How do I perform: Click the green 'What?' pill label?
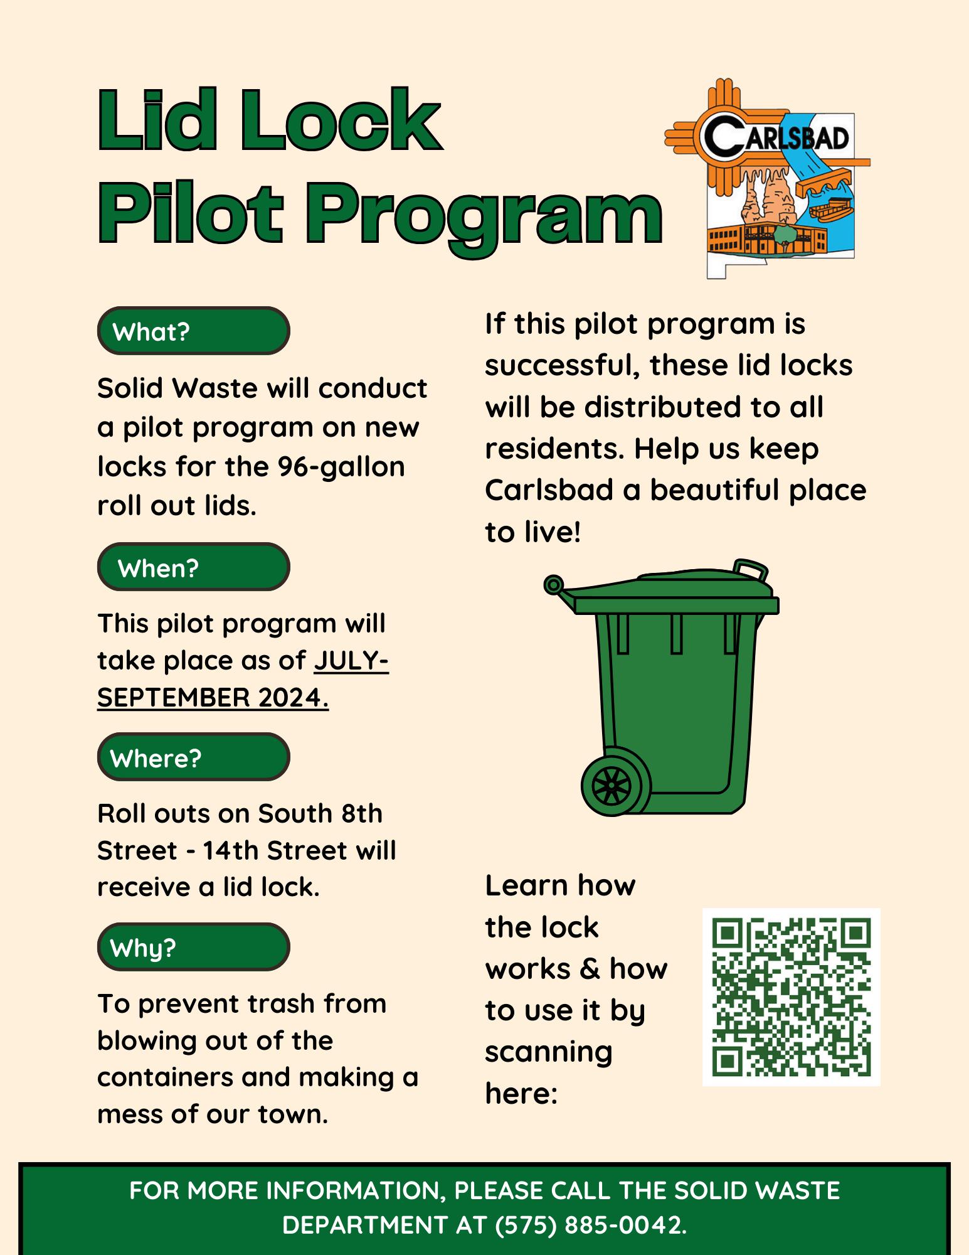pos(193,331)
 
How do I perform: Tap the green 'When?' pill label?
pos(193,567)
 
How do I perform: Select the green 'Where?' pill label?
pos(193,757)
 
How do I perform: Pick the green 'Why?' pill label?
pos(193,947)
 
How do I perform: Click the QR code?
pos(791,996)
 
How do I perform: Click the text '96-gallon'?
pos(341,467)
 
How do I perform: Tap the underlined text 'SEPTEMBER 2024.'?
pos(213,698)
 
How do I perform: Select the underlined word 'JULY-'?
pos(351,661)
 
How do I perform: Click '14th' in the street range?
pos(231,851)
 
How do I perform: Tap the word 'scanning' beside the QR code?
pos(548,1052)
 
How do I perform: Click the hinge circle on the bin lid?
pos(553,585)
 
